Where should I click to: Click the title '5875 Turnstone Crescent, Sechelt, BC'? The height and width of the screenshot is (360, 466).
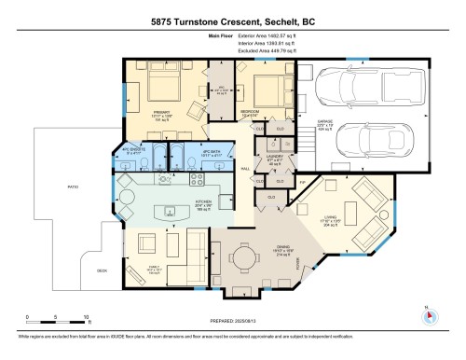point(233,21)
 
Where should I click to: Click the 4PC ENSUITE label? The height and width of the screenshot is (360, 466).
point(128,151)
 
